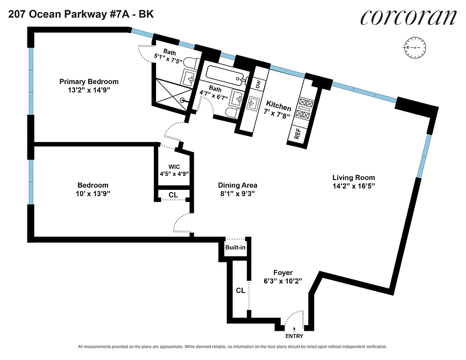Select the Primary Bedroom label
(x=89, y=81)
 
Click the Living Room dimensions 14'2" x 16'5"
(x=353, y=185)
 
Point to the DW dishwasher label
(x=258, y=84)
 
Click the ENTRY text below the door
(x=294, y=336)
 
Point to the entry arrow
(x=294, y=330)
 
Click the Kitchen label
(x=278, y=107)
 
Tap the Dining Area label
(x=237, y=185)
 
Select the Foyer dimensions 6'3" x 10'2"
(x=283, y=280)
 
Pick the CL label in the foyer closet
(x=241, y=291)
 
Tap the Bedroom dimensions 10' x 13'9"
(x=93, y=193)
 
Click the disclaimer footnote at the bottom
(x=233, y=347)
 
